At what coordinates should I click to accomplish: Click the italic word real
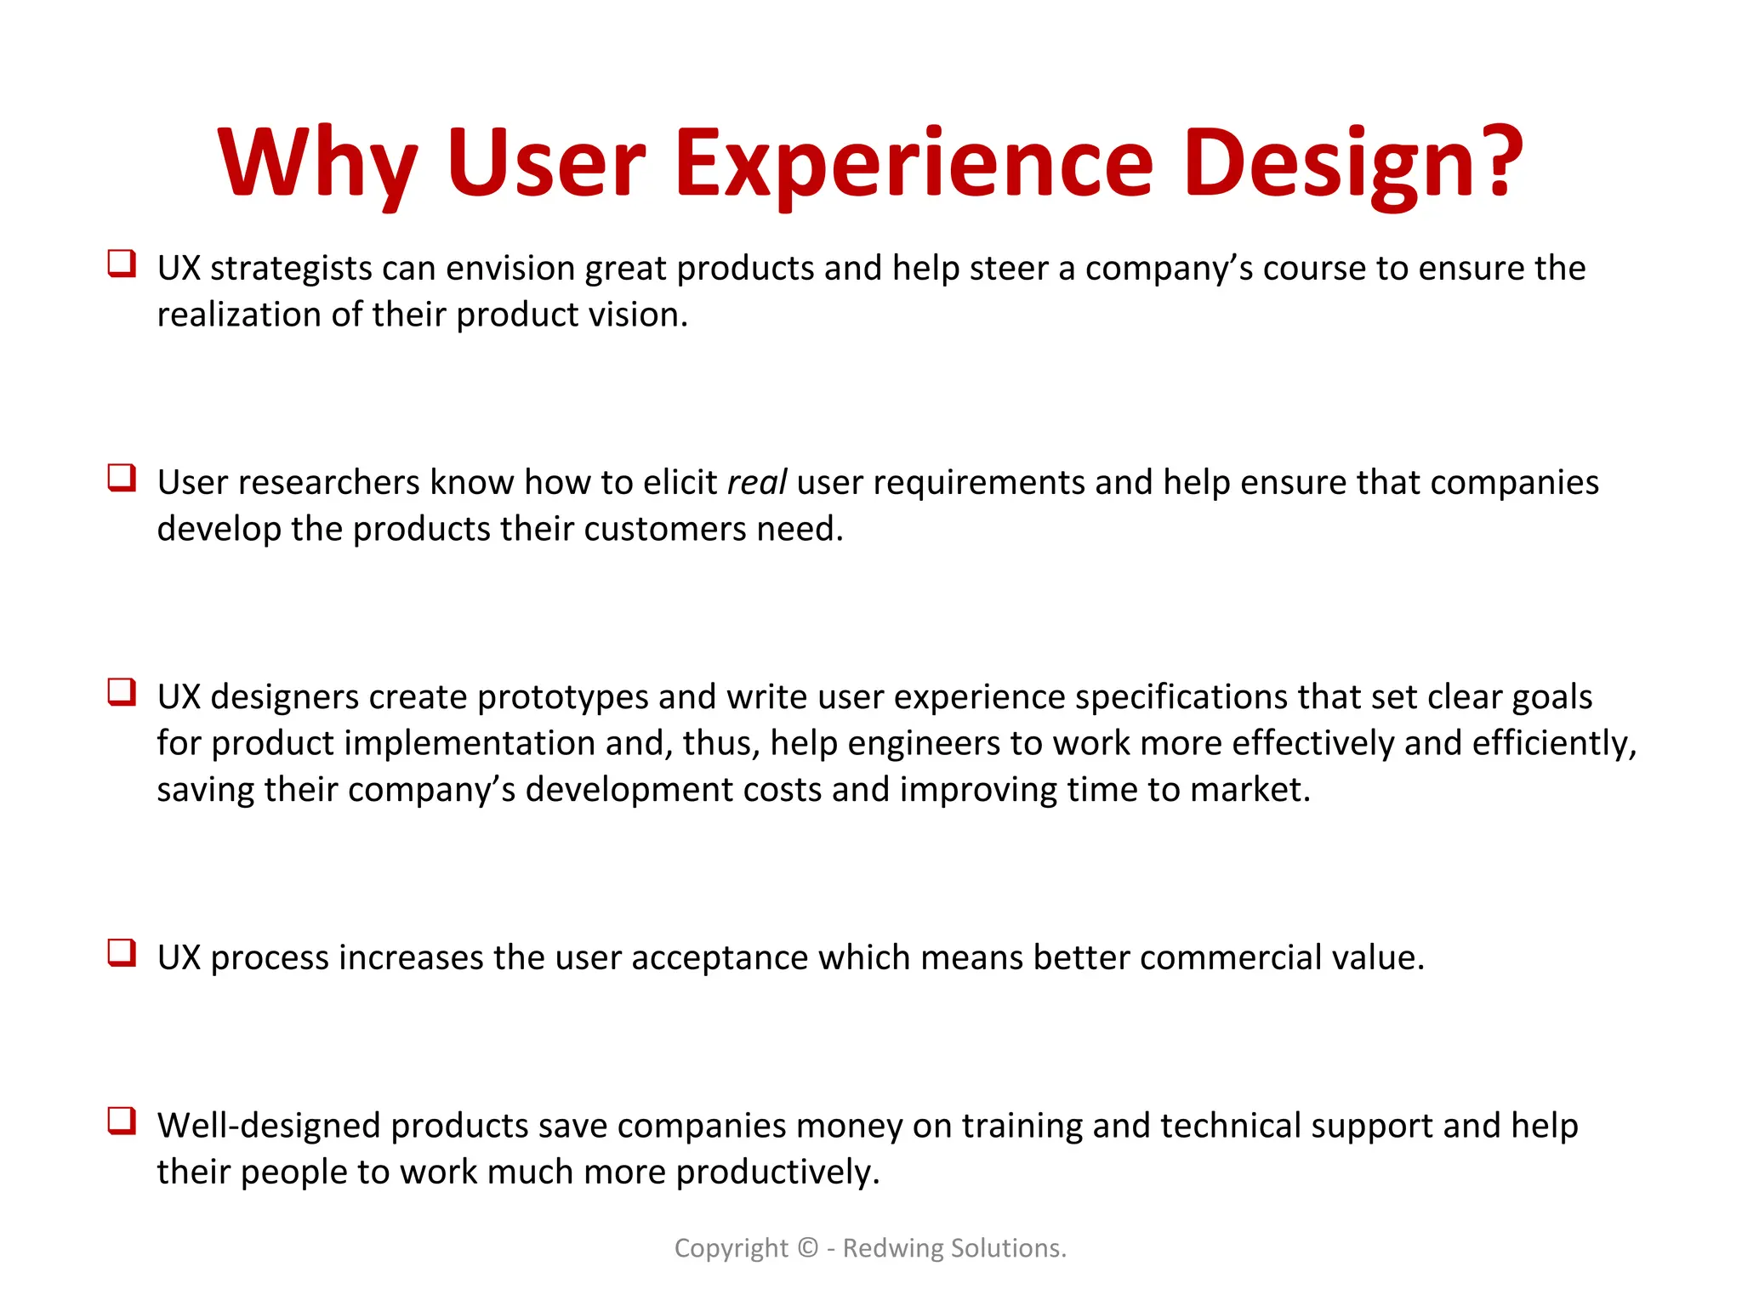click(756, 482)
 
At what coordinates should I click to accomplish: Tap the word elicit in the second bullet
click(680, 482)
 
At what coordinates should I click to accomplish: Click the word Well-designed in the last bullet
click(270, 1126)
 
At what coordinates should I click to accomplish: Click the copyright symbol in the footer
click(807, 1247)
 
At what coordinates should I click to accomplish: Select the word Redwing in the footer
click(892, 1247)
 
